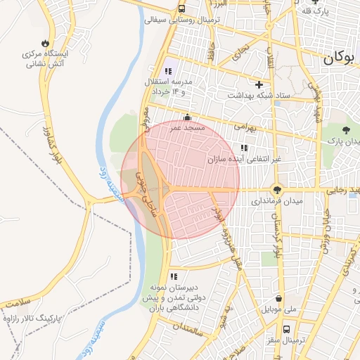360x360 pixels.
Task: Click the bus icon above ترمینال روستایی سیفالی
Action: [x=182, y=9]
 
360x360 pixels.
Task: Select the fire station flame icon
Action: [x=46, y=42]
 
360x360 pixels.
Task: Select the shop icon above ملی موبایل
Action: [x=280, y=297]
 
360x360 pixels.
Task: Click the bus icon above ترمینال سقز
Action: [x=286, y=328]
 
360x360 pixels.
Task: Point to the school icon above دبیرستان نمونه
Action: [x=173, y=276]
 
